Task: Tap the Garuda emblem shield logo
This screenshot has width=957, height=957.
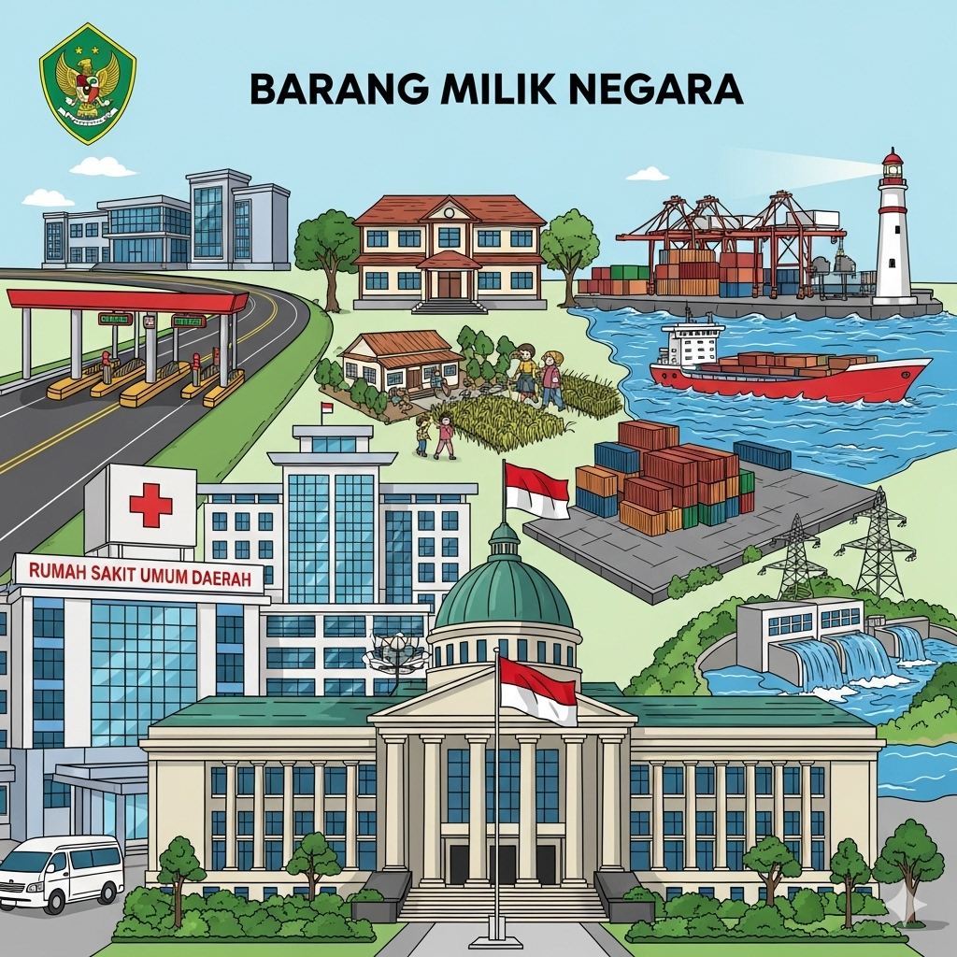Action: pyautogui.click(x=88, y=84)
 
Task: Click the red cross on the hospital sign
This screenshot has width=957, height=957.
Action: pyautogui.click(x=150, y=505)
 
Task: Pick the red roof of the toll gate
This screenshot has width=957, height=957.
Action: pyautogui.click(x=127, y=301)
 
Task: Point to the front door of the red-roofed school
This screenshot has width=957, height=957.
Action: pyautogui.click(x=450, y=284)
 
